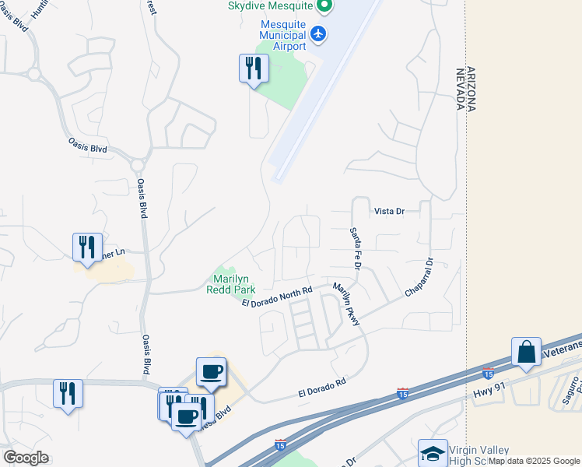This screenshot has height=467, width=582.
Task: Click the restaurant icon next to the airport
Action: tap(253, 68)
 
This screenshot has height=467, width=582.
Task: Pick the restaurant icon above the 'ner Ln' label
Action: tap(87, 247)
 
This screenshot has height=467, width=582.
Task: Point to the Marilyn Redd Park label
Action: tap(230, 284)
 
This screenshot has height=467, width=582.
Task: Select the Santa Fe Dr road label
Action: tap(356, 248)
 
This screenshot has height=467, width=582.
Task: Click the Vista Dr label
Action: tap(390, 211)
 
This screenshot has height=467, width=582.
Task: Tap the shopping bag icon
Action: tap(526, 351)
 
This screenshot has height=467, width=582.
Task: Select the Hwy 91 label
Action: tap(488, 394)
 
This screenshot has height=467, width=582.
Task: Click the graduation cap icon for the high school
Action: tap(433, 453)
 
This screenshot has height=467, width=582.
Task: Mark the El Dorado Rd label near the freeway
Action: tap(321, 388)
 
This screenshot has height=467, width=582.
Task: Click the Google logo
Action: tap(26, 458)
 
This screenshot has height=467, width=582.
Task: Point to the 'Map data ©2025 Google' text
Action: tap(534, 461)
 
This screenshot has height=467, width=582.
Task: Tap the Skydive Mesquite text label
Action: tap(270, 5)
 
